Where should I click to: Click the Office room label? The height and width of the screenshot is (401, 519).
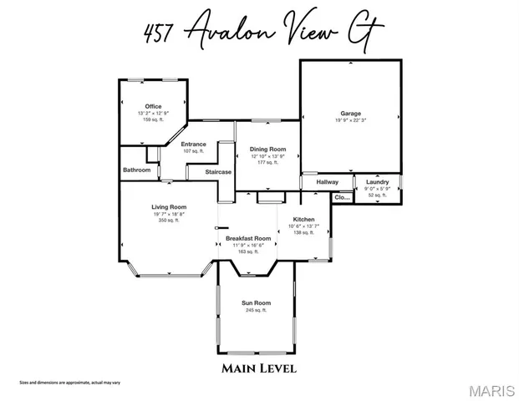click(x=153, y=106)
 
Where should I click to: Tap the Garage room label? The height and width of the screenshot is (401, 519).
click(x=350, y=113)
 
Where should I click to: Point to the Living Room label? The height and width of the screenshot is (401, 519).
click(x=168, y=206)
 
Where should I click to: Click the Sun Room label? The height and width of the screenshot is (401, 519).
click(x=257, y=302)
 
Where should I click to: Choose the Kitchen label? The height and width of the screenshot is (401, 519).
click(x=303, y=219)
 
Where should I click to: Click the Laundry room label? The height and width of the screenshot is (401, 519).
click(x=378, y=181)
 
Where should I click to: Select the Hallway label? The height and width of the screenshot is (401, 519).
click(x=327, y=181)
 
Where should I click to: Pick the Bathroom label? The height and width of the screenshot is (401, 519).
click(x=137, y=170)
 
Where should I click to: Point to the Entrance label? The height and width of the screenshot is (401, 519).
click(x=194, y=144)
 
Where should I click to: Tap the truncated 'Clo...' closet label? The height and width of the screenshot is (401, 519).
click(x=342, y=198)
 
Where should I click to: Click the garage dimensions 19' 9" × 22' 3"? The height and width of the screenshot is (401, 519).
click(x=350, y=120)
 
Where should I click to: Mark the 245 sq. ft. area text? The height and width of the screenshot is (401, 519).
click(x=256, y=310)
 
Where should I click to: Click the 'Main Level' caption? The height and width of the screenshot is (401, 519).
click(x=259, y=368)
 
